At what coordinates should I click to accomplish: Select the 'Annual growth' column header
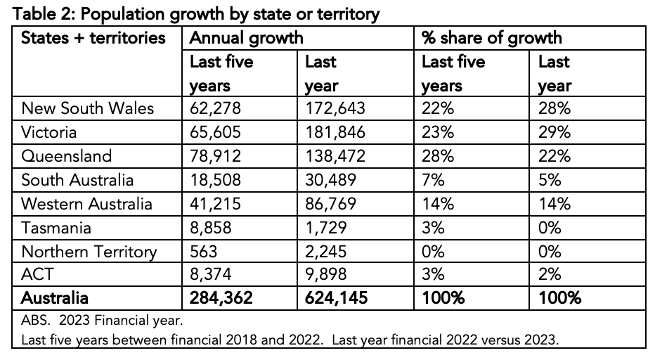click(247, 37)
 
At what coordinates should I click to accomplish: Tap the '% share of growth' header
click(492, 37)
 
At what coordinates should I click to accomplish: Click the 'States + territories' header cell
click(93, 37)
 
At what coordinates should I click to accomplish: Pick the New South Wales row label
click(88, 109)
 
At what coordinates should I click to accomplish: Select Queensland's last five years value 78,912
click(215, 156)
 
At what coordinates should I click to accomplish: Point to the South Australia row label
click(77, 180)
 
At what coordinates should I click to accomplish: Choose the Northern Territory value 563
click(204, 252)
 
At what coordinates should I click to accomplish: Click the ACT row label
click(37, 275)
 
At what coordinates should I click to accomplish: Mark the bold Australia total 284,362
click(221, 298)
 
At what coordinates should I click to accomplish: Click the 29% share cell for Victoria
click(555, 133)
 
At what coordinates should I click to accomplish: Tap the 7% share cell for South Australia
click(433, 180)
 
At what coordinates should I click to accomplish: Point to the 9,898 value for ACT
click(325, 275)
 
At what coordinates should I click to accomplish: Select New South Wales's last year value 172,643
click(335, 109)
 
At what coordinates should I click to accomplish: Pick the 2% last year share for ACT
click(550, 275)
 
